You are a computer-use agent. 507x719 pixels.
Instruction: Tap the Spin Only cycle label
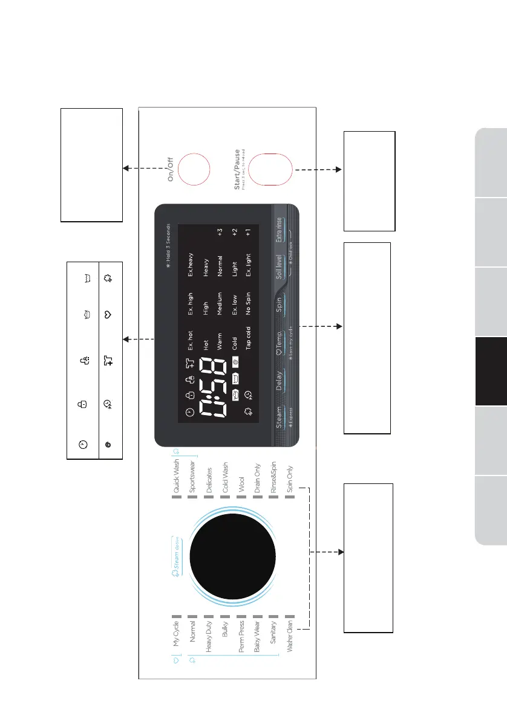point(290,481)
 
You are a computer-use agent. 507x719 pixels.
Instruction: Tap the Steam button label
point(280,418)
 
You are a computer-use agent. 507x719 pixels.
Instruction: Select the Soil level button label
point(280,264)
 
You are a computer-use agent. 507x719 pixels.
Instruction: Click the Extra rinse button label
point(280,230)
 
